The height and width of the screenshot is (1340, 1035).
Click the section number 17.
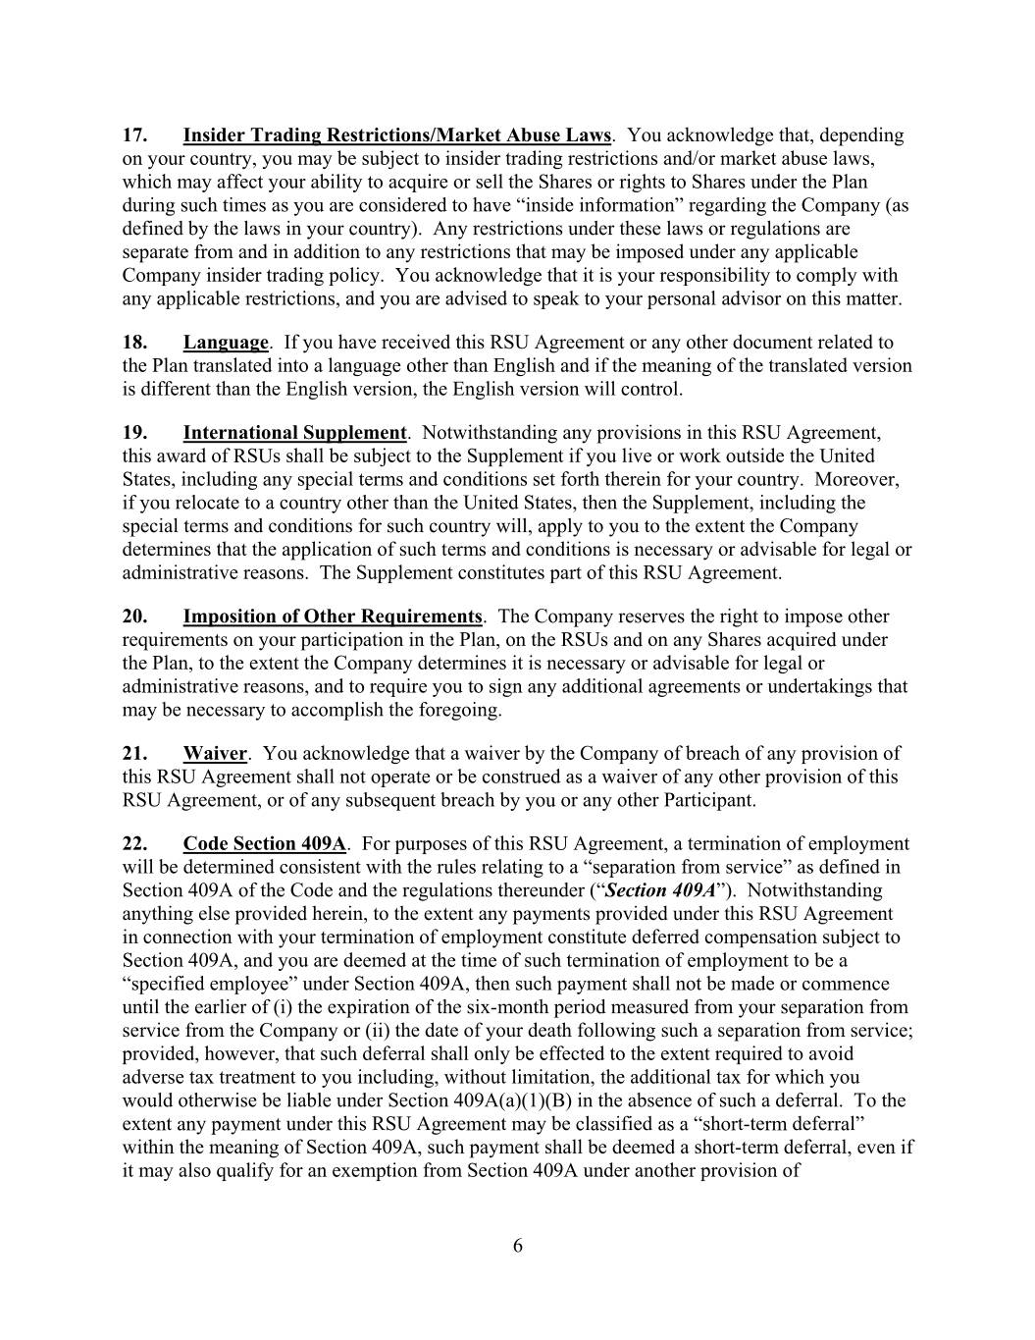(134, 135)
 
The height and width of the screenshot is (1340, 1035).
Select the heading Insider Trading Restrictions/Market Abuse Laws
(397, 135)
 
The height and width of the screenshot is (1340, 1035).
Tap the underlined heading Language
(226, 343)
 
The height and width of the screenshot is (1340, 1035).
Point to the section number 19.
(134, 433)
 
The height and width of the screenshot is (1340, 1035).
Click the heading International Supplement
(294, 433)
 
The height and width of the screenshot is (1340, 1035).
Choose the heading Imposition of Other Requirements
(333, 616)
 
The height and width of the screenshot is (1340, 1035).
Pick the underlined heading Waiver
(215, 754)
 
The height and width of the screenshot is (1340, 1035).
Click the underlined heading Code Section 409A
(264, 844)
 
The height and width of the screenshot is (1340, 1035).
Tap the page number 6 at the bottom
(518, 1247)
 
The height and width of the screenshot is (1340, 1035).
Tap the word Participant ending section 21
(709, 800)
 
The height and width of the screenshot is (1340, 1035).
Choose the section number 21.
(134, 754)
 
